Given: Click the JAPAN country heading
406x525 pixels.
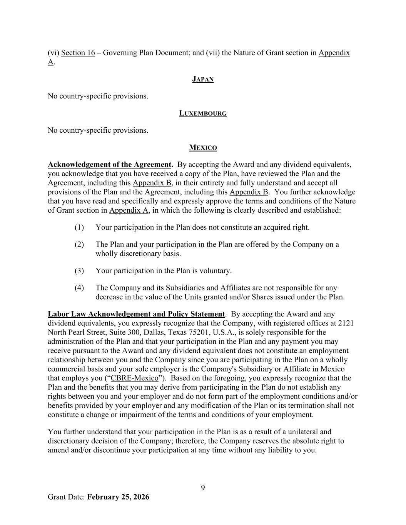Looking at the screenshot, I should (x=203, y=79).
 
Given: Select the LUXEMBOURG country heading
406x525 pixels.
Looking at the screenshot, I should (x=203, y=113).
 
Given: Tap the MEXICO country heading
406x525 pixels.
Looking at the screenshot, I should (x=203, y=148).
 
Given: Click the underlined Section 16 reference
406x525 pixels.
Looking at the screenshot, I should (x=78, y=53).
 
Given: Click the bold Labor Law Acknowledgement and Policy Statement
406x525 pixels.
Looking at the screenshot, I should (x=136, y=314).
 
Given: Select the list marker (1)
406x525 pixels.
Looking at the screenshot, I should (x=79, y=227).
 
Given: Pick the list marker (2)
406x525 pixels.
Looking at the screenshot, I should (x=79, y=245).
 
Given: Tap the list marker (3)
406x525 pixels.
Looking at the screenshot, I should (x=79, y=271).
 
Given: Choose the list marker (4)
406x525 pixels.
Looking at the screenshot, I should (x=79, y=288).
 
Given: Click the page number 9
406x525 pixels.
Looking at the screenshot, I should (x=203, y=488).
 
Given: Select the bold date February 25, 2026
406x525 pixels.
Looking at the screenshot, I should (x=118, y=497).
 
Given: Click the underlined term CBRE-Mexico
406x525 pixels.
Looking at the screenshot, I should (x=134, y=378).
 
